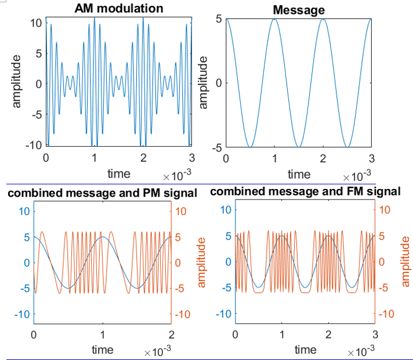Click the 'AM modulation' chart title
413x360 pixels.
pyautogui.click(x=119, y=8)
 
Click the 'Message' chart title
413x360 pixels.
pyautogui.click(x=299, y=10)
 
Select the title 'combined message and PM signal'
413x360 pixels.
pyautogui.click(x=102, y=192)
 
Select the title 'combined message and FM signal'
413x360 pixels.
pyautogui.click(x=305, y=191)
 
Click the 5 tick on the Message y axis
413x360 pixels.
pyautogui.click(x=219, y=19)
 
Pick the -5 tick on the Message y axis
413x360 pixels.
pyautogui.click(x=216, y=147)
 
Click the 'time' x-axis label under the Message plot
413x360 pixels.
pyautogui.click(x=299, y=174)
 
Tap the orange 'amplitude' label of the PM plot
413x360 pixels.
pyautogui.click(x=202, y=262)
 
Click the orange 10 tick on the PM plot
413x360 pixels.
pyautogui.click(x=180, y=211)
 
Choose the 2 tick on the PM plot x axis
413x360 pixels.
pyautogui.click(x=171, y=334)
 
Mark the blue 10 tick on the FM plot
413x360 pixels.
pyautogui.click(x=225, y=211)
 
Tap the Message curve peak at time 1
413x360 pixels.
pyautogui.click(x=274, y=19)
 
